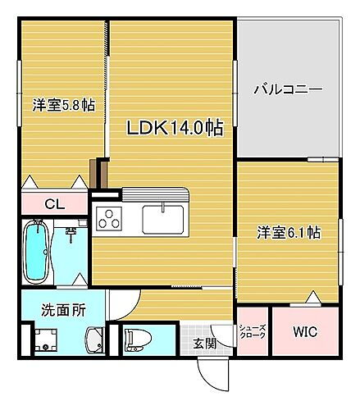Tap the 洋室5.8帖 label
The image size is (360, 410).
(63, 105)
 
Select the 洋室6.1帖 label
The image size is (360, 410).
(289, 232)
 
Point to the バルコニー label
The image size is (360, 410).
(287, 89)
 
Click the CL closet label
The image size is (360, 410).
(54, 204)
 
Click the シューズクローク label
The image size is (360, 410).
(252, 332)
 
